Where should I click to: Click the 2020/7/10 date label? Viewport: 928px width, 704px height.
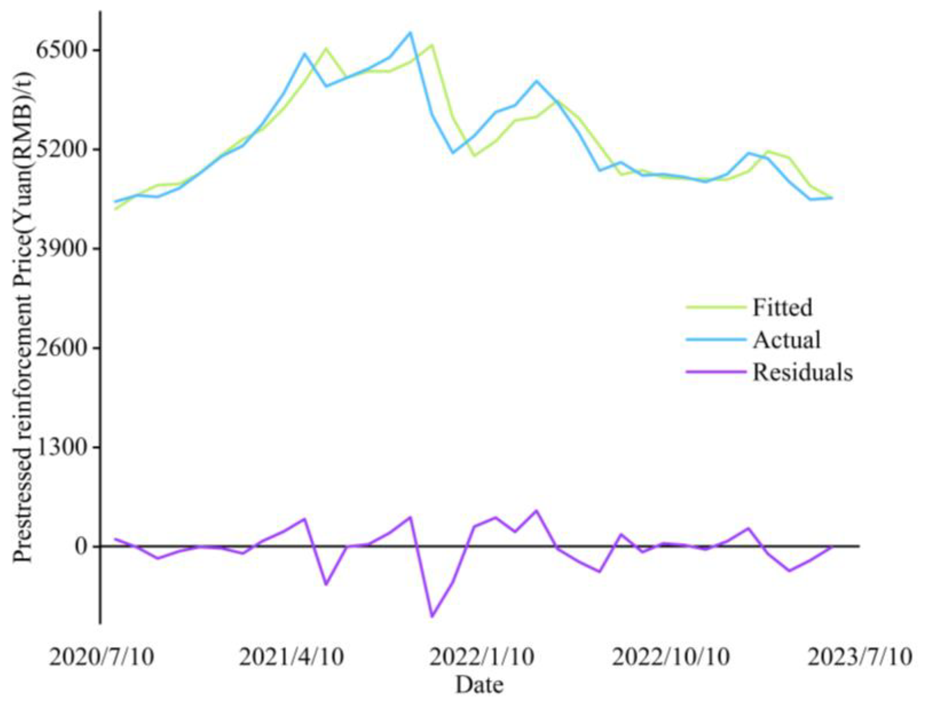click(101, 657)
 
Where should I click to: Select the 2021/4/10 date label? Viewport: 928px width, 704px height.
click(291, 657)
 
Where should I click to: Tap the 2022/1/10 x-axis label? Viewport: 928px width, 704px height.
click(482, 657)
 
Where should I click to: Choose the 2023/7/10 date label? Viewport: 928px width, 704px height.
click(860, 657)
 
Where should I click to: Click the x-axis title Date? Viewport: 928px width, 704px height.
click(480, 685)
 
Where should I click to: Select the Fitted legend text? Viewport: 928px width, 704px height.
click(782, 307)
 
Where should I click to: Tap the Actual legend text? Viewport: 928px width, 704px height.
click(787, 340)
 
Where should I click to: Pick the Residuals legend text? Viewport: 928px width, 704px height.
click(803, 372)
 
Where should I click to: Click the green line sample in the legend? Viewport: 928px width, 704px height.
click(716, 307)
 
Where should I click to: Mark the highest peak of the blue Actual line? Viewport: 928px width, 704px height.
click(411, 32)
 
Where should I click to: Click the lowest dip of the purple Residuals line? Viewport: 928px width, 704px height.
click(432, 616)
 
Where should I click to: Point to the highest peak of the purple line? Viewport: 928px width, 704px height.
click(536, 511)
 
